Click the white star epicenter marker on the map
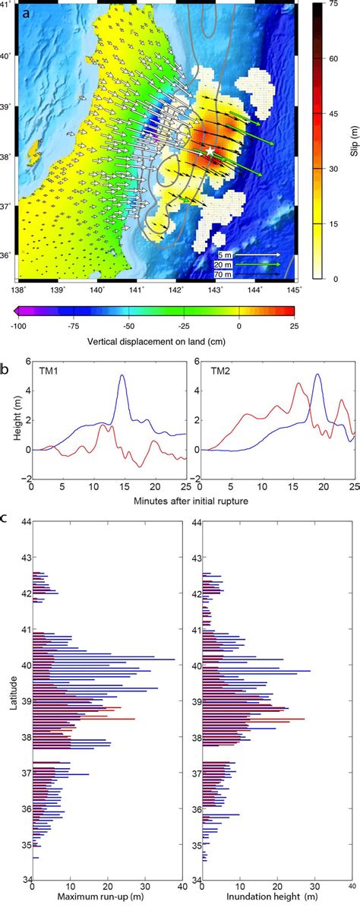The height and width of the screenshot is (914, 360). [x=210, y=152]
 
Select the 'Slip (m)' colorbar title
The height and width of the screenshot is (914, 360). [x=352, y=141]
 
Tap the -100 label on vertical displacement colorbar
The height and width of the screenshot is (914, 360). [x=21, y=324]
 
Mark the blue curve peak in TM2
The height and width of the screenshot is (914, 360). [x=317, y=375]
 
